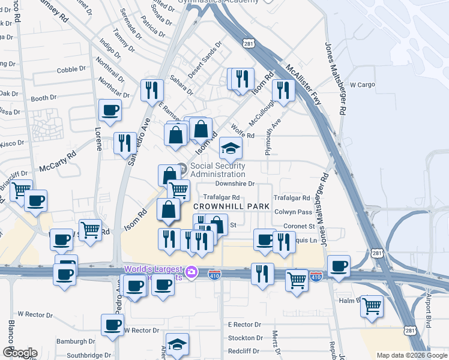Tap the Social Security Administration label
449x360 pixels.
tap(217, 170)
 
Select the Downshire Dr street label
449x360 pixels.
tap(235, 184)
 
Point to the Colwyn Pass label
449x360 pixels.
tap(293, 212)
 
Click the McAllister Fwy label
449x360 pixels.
tap(304, 85)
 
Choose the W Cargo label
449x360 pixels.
tap(362, 85)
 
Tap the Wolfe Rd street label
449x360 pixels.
tap(243, 134)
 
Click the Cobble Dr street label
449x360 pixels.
tap(71, 70)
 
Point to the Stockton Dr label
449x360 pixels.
tap(245, 338)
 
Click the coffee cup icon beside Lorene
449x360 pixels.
tap(110, 110)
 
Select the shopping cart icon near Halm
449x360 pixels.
tap(372, 305)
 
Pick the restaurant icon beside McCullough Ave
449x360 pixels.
tap(283, 90)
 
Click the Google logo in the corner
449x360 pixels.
tap(20, 353)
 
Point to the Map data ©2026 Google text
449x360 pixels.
tap(411, 355)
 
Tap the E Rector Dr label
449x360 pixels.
tap(245, 325)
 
